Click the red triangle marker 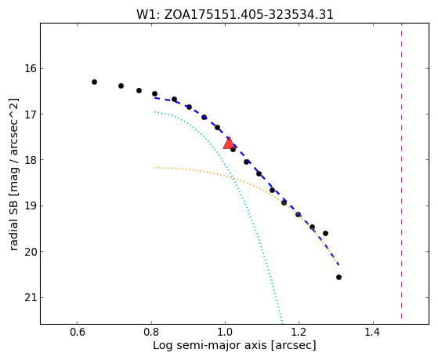(x=229, y=144)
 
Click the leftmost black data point (x=94, y=82)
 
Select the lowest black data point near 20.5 (x=338, y=277)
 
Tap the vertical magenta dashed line (x=402, y=171)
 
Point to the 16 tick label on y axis (x=31, y=68)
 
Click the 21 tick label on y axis (x=31, y=297)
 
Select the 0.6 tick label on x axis (x=78, y=332)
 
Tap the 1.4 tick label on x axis (x=373, y=332)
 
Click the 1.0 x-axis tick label (x=225, y=332)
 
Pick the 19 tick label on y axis (x=31, y=205)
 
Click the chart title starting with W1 (x=234, y=15)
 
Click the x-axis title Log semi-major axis (x=234, y=345)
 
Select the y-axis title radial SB (x=13, y=175)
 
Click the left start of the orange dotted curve (x=155, y=168)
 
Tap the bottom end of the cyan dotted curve (x=283, y=322)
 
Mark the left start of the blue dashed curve (x=155, y=98)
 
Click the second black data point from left (x=121, y=85)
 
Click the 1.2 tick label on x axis (x=299, y=332)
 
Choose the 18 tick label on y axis (x=31, y=160)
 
